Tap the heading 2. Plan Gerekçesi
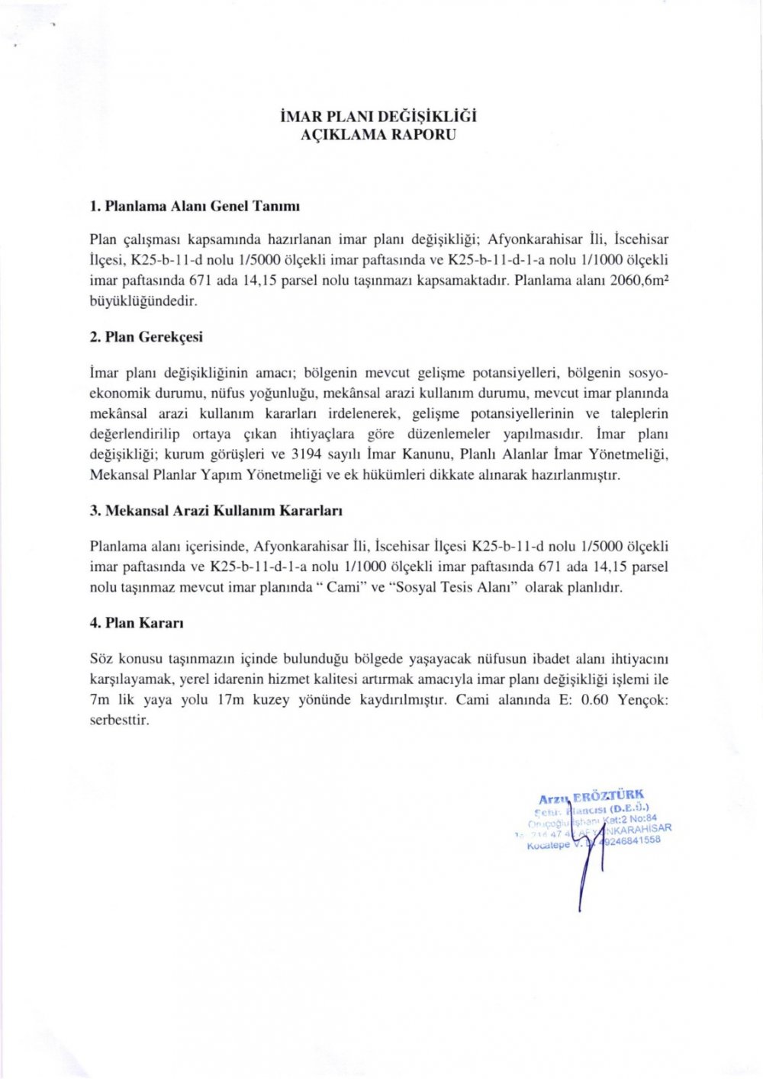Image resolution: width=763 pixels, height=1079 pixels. click(146, 337)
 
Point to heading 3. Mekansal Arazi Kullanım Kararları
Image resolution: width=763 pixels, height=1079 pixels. click(216, 510)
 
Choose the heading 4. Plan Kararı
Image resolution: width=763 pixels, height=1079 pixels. click(137, 623)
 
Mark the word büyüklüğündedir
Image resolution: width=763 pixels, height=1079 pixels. click(143, 301)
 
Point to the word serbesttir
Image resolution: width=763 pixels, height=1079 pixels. click(119, 721)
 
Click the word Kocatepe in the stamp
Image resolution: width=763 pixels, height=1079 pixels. click(549, 846)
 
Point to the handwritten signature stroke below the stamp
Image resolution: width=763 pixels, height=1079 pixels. click(584, 877)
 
